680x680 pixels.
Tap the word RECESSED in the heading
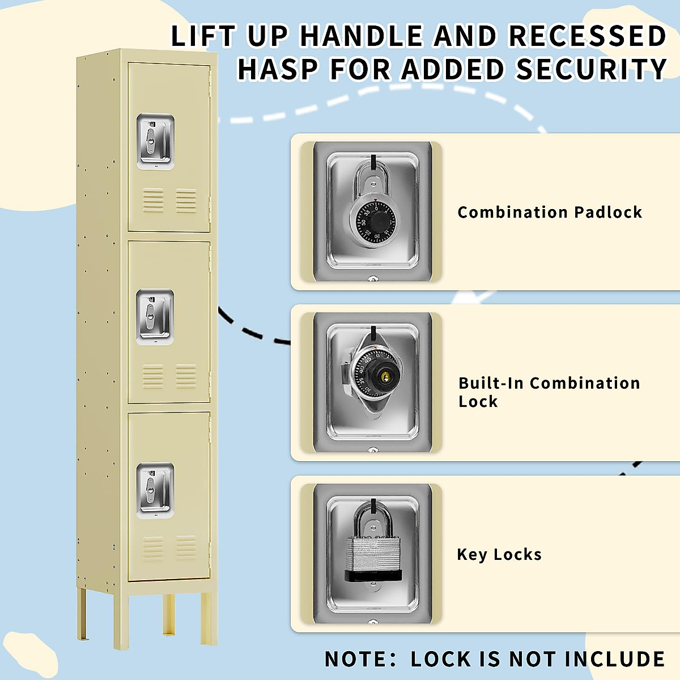(588, 36)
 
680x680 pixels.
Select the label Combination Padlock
(550, 212)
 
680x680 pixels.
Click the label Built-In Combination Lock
(549, 392)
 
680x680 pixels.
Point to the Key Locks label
(499, 554)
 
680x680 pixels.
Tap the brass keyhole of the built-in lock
(385, 377)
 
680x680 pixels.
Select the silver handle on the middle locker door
(155, 317)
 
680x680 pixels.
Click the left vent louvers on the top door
(153, 201)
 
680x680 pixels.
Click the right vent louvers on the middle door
(186, 376)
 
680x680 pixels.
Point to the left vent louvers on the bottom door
(153, 548)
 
